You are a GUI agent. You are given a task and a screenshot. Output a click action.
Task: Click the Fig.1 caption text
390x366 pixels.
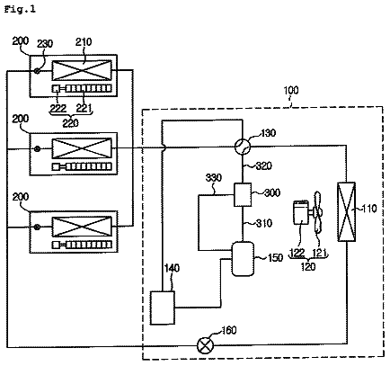(20, 9)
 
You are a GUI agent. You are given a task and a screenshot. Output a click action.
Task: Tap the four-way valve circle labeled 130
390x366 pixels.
(243, 147)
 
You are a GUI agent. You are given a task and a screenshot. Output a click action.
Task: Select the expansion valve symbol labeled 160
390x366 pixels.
(205, 345)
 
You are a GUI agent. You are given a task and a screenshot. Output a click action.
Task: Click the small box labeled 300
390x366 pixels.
(243, 195)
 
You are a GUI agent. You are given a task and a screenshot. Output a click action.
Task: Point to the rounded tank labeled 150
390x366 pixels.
(243, 259)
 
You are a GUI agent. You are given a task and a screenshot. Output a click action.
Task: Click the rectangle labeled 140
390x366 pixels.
(163, 308)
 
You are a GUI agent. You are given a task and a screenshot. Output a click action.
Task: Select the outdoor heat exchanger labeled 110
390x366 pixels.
(347, 211)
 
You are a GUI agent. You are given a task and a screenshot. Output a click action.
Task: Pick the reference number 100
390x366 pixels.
(290, 90)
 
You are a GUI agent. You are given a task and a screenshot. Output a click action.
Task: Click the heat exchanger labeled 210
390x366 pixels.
(82, 70)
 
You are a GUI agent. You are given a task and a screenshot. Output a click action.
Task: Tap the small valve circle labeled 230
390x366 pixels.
(37, 71)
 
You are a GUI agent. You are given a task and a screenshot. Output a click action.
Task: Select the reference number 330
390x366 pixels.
(214, 178)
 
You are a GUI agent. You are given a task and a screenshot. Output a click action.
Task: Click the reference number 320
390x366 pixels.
(263, 165)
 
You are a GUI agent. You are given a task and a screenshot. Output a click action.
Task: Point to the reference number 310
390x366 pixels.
(264, 223)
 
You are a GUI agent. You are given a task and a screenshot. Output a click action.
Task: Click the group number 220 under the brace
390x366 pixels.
(71, 123)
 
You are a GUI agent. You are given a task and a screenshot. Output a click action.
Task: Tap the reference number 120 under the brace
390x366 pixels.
(308, 266)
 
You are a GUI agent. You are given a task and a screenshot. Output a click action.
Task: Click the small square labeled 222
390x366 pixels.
(56, 89)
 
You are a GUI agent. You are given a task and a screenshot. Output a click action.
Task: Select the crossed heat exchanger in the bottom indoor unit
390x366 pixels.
(82, 227)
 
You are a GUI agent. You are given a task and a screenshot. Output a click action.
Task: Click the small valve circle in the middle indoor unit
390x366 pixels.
(37, 148)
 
